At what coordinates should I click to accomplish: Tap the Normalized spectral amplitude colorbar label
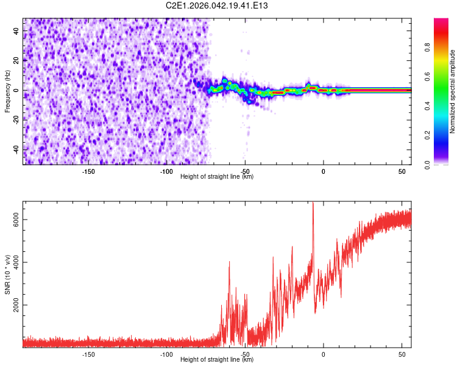click(453, 91)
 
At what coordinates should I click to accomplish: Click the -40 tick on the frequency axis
click(16, 149)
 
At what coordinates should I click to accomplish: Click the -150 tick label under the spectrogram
click(88, 171)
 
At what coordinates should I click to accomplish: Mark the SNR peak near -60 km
click(229, 262)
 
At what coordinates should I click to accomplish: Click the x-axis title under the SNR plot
click(217, 360)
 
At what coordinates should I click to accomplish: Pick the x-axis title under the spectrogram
click(217, 177)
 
